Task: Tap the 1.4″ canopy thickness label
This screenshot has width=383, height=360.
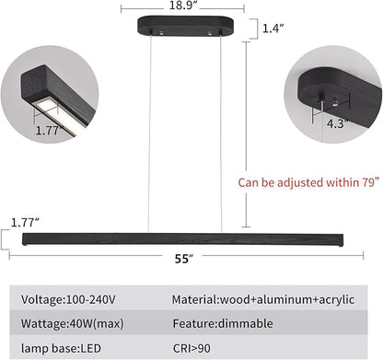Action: click(x=273, y=29)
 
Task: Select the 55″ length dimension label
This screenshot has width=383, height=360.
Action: click(x=184, y=259)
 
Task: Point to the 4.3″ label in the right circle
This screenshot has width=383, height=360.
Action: click(x=338, y=123)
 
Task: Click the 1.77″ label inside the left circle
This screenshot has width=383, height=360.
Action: click(x=49, y=131)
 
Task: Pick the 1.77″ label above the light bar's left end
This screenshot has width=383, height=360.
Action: click(x=25, y=223)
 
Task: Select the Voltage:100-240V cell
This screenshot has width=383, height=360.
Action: click(x=68, y=299)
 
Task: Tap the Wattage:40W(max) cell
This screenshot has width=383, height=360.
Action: click(x=72, y=323)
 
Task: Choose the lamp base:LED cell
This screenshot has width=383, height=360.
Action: click(x=61, y=348)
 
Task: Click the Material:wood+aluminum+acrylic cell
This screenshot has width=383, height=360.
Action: click(x=263, y=299)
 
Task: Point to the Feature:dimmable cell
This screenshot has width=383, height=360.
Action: click(x=223, y=323)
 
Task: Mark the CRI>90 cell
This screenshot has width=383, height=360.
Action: click(x=191, y=348)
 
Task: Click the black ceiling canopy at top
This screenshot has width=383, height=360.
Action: click(x=185, y=26)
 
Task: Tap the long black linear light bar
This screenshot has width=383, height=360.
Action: click(x=183, y=239)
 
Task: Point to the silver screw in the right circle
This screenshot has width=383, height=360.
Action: click(x=336, y=102)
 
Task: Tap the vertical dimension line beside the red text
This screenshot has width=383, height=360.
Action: click(x=246, y=134)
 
